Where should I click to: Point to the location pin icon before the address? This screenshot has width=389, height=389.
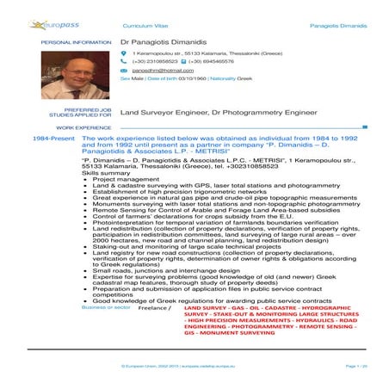(x=124, y=54)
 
